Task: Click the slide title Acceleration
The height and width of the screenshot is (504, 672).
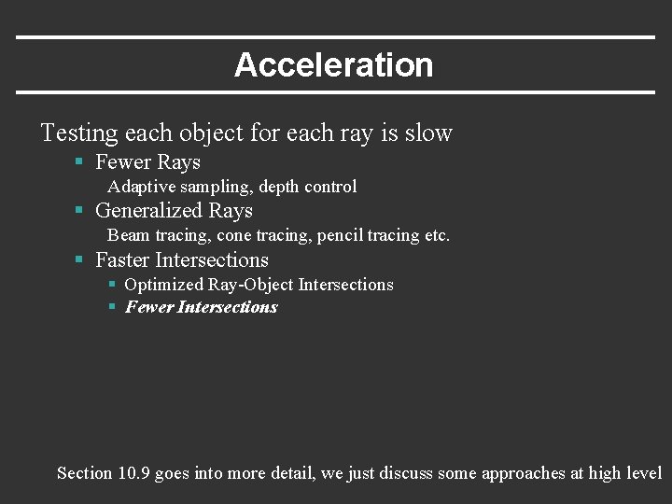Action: pyautogui.click(x=333, y=65)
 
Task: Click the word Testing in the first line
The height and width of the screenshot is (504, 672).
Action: pyautogui.click(x=79, y=133)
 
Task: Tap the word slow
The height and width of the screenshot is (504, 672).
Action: pyautogui.click(x=428, y=133)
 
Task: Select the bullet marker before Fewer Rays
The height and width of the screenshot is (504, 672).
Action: pyautogui.click(x=80, y=162)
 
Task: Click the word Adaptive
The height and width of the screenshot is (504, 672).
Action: pyautogui.click(x=141, y=187)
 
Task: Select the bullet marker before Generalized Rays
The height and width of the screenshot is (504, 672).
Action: pyautogui.click(x=80, y=211)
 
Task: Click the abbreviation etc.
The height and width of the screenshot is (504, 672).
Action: pyautogui.click(x=437, y=235)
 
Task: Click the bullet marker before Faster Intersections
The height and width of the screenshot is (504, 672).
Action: pyautogui.click(x=80, y=260)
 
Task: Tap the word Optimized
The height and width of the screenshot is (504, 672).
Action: pyautogui.click(x=163, y=285)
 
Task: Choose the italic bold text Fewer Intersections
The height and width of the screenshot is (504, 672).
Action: pyautogui.click(x=202, y=307)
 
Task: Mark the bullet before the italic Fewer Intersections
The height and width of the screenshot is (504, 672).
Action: pyautogui.click(x=112, y=307)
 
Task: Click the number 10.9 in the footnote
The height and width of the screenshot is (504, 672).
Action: pyautogui.click(x=133, y=473)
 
